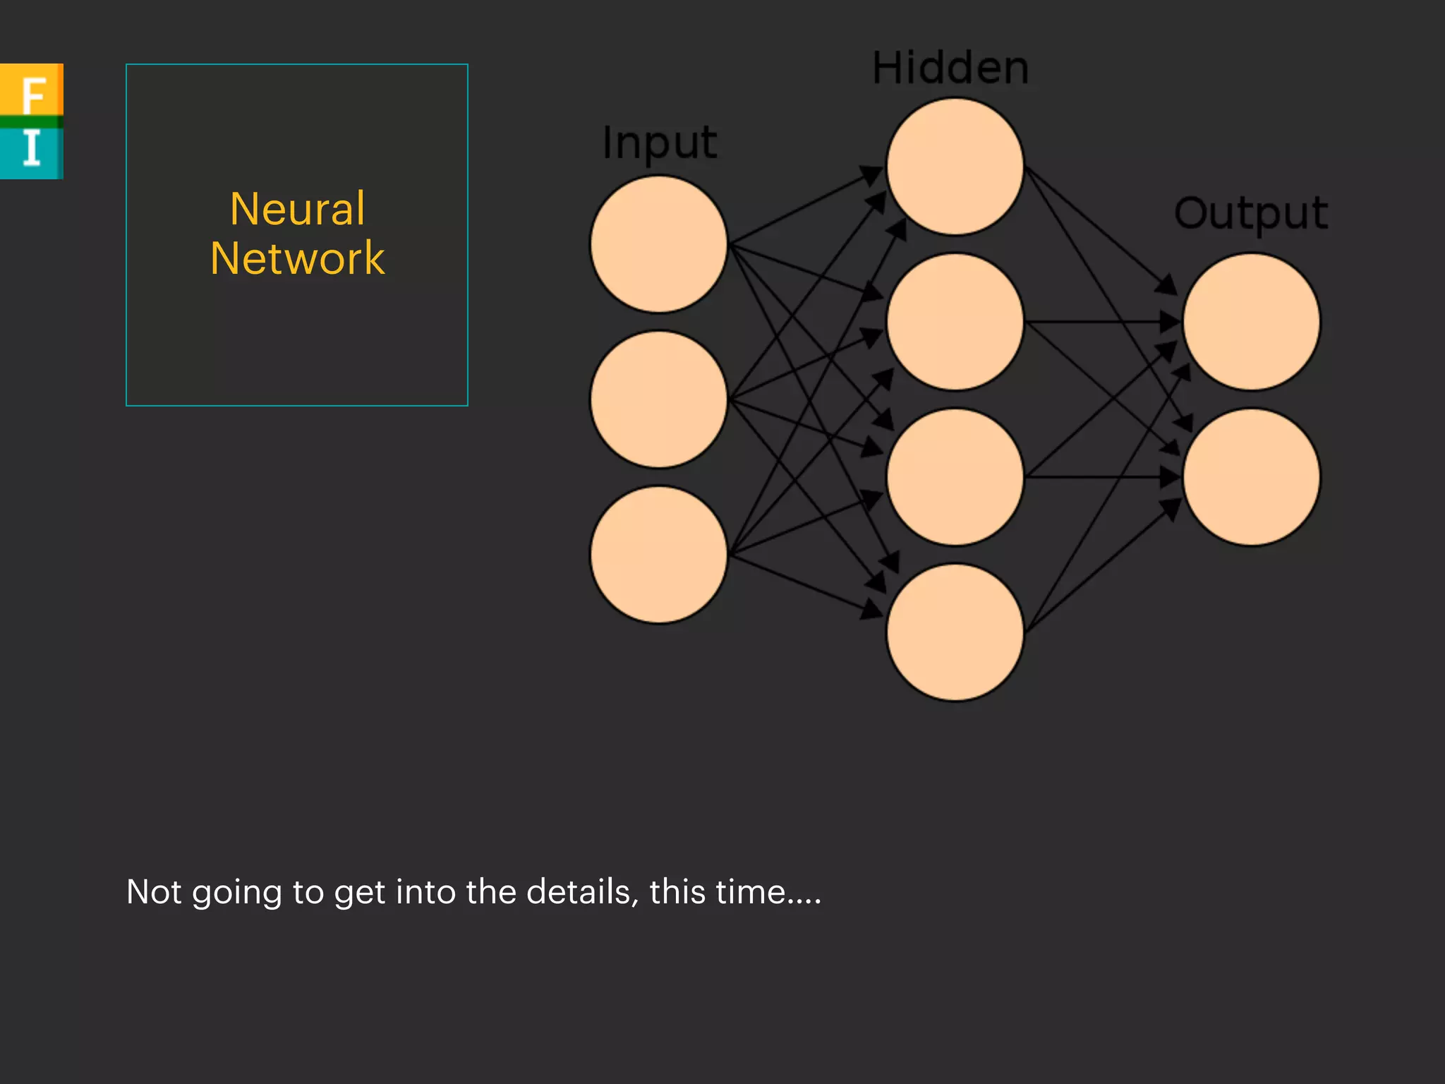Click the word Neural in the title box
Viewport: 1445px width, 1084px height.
[297, 209]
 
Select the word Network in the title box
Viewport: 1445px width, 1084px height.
[297, 258]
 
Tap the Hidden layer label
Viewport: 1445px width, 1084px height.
[950, 68]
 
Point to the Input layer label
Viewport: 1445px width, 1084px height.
[660, 143]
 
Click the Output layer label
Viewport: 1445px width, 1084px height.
[1251, 213]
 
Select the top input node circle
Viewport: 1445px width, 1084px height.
[659, 244]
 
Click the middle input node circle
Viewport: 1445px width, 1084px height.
[659, 399]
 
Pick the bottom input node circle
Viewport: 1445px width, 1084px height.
[659, 555]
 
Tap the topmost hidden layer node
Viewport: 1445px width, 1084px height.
[955, 167]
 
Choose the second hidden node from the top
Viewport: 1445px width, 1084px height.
[955, 322]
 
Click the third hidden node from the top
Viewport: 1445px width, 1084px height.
[955, 477]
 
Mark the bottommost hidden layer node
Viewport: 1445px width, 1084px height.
[955, 632]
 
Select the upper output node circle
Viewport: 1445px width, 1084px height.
[1251, 322]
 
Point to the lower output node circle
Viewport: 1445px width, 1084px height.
[1251, 477]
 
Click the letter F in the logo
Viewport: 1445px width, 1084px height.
[32, 94]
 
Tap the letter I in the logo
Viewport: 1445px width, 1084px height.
[31, 148]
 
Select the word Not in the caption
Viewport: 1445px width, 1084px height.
[154, 892]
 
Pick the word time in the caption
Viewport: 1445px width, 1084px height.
[750, 892]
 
